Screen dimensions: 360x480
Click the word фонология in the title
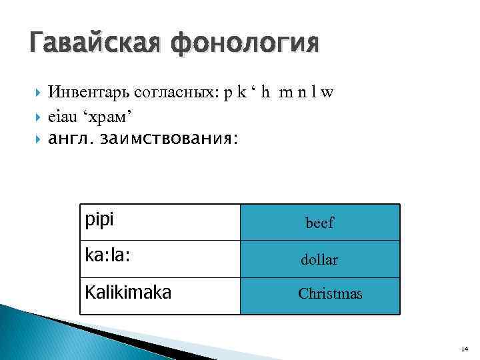(x=245, y=45)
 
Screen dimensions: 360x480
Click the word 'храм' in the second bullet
(x=107, y=117)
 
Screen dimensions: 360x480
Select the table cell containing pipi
(x=159, y=222)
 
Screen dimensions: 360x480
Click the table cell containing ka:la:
(x=159, y=259)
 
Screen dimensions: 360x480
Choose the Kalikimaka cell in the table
(x=159, y=295)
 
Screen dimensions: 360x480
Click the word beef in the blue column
(x=319, y=224)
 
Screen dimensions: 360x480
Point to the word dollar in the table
(x=319, y=260)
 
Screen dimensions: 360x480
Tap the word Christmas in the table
(x=330, y=293)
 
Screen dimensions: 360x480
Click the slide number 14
(x=464, y=349)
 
